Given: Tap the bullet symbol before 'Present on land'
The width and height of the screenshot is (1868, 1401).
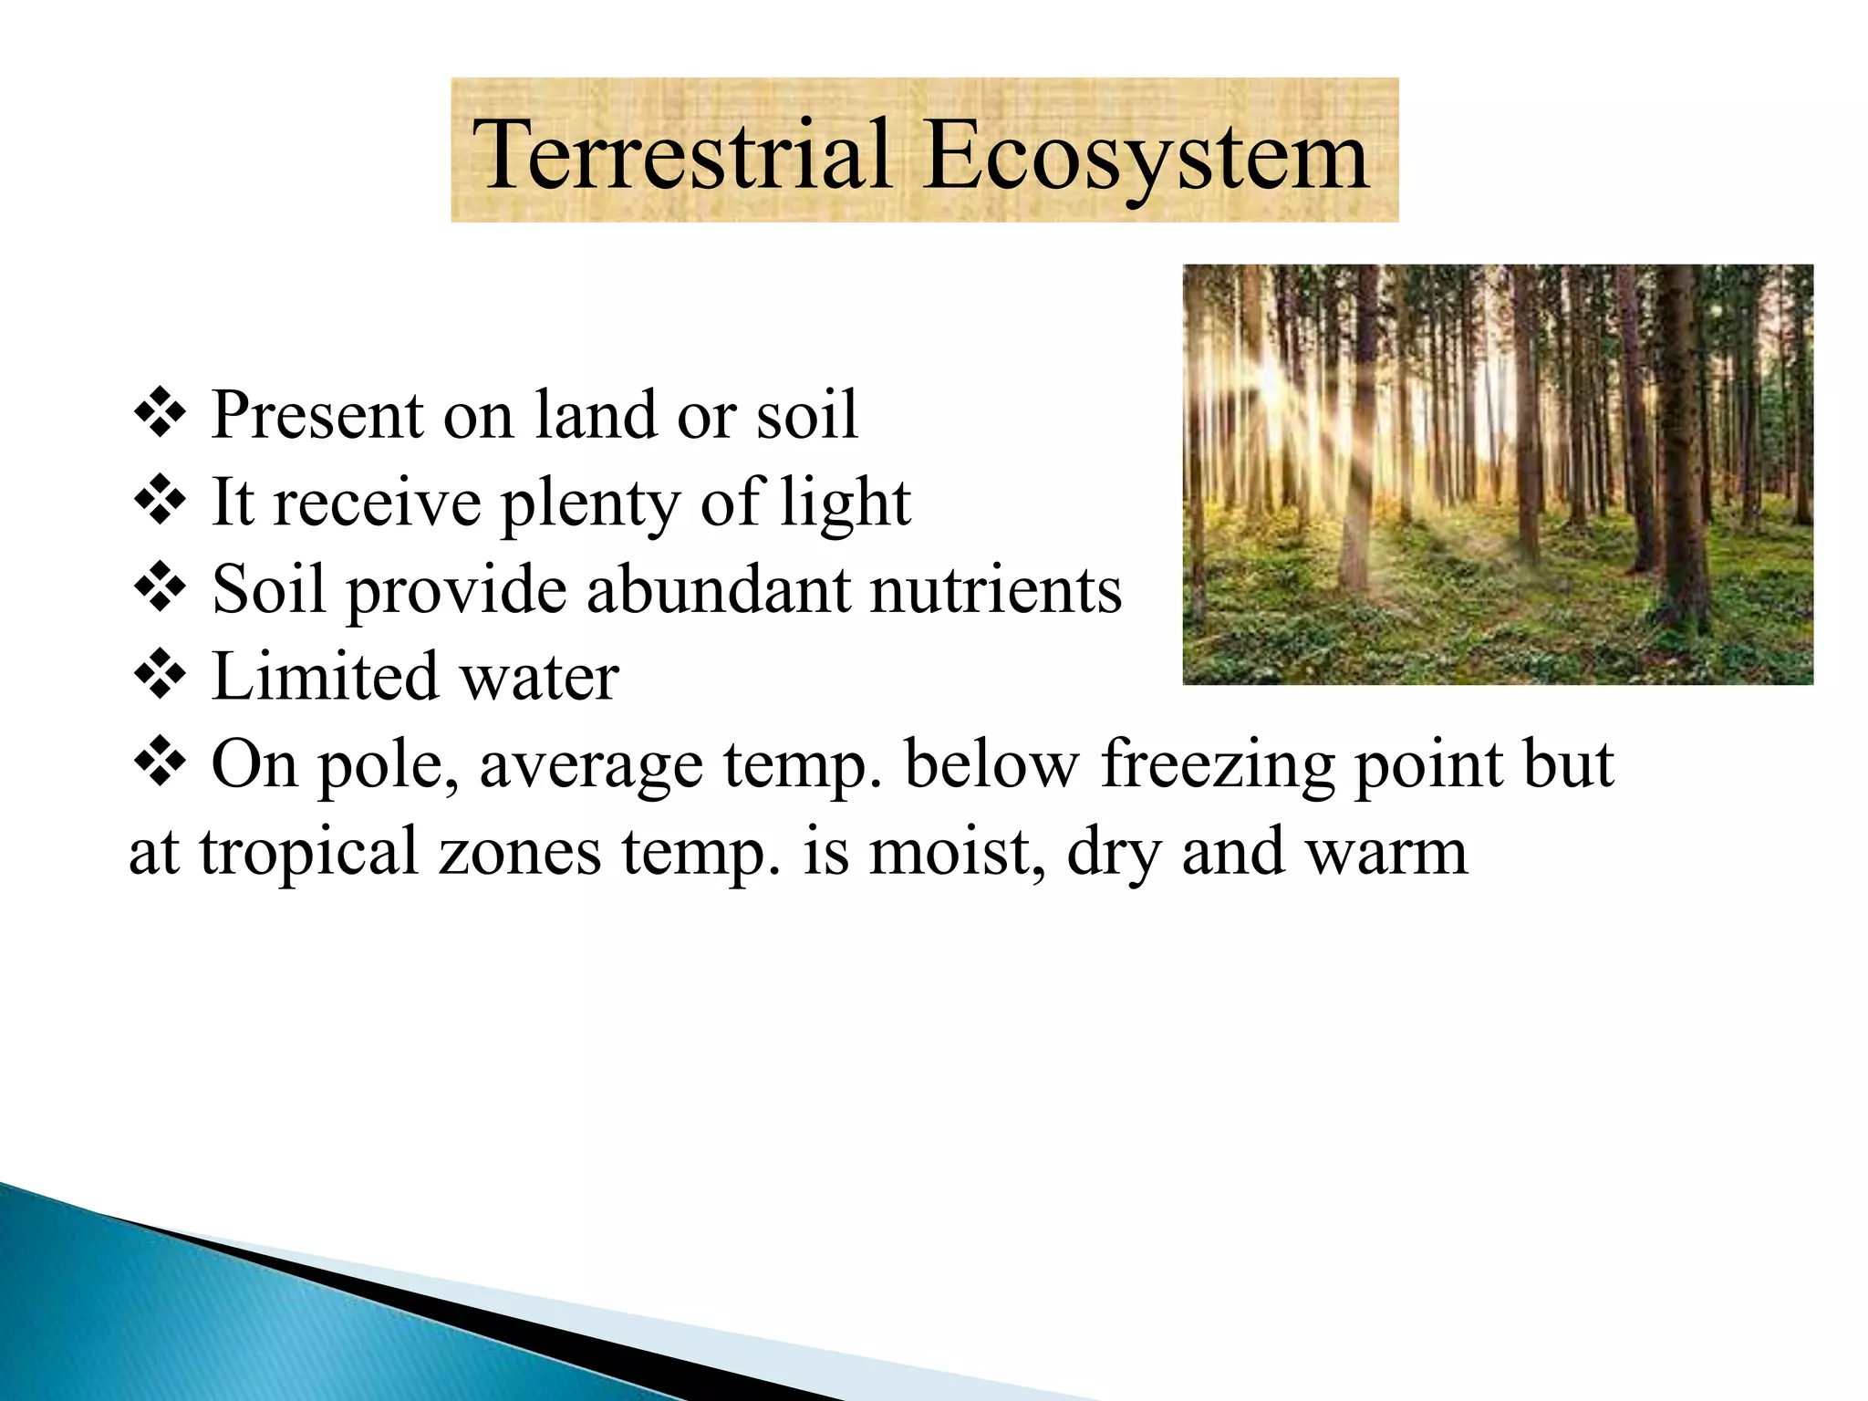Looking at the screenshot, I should click(160, 414).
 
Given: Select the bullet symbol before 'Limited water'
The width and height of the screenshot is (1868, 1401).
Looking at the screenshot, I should click(160, 676).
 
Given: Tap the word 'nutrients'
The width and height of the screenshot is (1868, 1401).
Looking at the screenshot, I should click(996, 589).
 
